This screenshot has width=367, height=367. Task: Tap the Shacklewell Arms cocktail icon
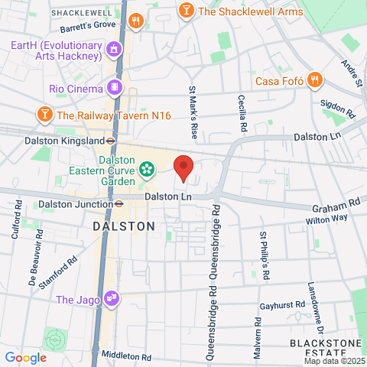[186, 11]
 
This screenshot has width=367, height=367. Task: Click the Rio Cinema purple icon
[115, 87]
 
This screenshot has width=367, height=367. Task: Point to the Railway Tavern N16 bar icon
[45, 115]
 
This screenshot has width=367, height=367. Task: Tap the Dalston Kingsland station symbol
[111, 141]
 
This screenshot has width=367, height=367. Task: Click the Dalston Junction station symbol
[119, 204]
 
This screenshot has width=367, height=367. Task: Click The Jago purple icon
[112, 298]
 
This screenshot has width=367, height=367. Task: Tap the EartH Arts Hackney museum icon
[115, 51]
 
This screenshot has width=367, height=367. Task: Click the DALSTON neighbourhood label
[123, 226]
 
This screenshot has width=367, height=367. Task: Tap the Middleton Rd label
[125, 356]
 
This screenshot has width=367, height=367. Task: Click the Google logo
[25, 357]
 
